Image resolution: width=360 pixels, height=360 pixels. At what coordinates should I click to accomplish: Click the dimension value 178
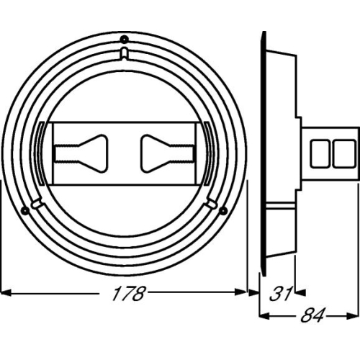point(129,294)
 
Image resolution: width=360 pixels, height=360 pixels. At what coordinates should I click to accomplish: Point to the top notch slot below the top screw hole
point(124,54)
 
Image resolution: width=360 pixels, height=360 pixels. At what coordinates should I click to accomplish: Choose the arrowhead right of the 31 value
point(301,292)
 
